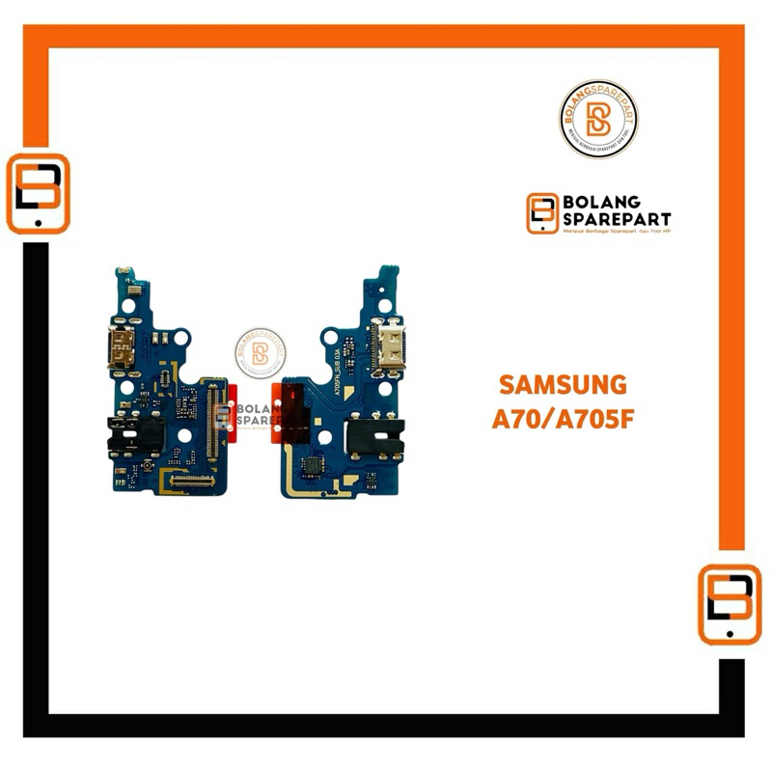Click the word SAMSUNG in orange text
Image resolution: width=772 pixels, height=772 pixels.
pyautogui.click(x=563, y=385)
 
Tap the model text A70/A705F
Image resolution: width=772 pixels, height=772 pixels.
pyautogui.click(x=563, y=421)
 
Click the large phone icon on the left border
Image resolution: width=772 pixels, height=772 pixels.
pyautogui.click(x=38, y=194)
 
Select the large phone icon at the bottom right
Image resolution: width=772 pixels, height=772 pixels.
pyautogui.click(x=730, y=604)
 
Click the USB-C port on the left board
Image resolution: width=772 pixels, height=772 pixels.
pyautogui.click(x=124, y=350)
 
